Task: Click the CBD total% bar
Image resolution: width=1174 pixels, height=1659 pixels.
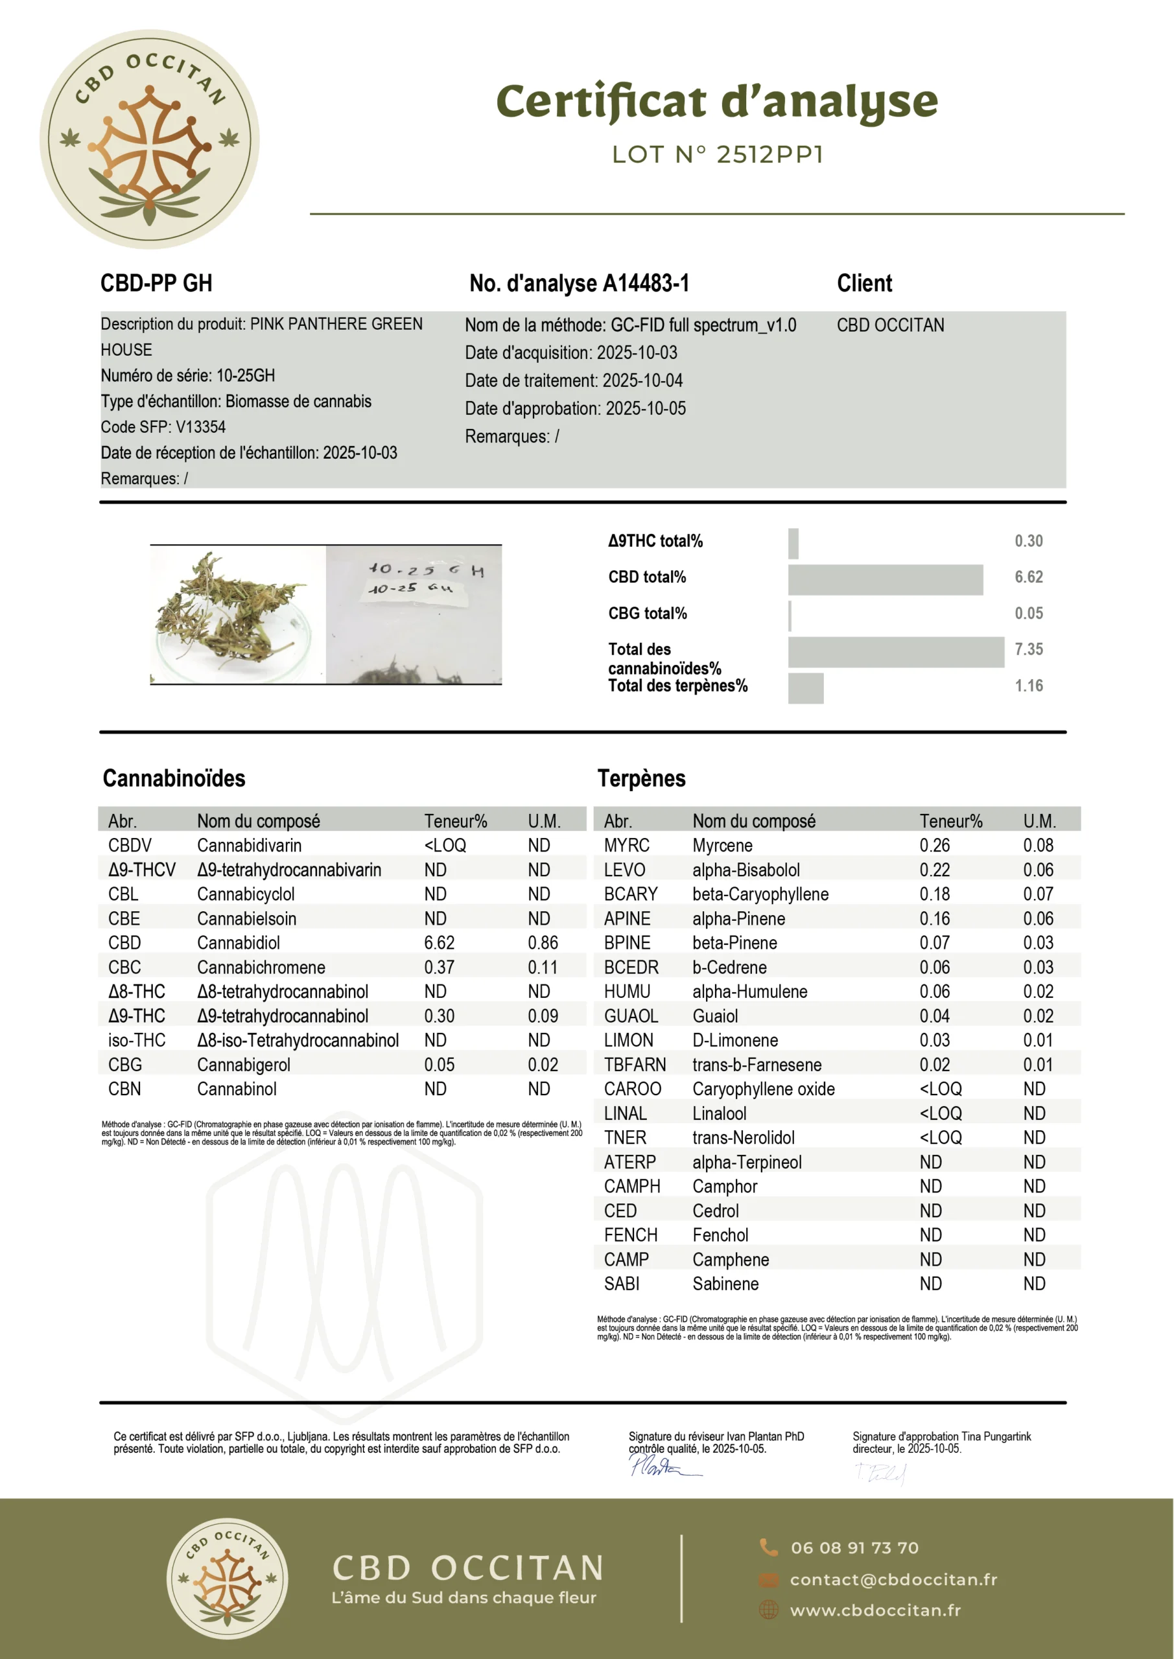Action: tap(885, 579)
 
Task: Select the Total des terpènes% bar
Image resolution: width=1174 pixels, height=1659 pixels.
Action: tap(805, 688)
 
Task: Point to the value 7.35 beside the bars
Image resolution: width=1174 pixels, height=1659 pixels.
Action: tap(1028, 649)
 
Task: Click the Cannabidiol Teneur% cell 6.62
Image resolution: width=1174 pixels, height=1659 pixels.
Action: tap(439, 943)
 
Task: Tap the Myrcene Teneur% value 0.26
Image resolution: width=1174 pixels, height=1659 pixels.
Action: tap(934, 846)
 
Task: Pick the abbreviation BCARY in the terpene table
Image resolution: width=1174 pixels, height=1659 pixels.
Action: tap(630, 894)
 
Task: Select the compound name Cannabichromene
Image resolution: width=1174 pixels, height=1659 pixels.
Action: tap(261, 967)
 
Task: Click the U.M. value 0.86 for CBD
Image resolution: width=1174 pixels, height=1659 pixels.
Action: tap(542, 943)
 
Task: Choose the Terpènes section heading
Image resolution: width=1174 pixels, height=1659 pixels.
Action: tap(641, 778)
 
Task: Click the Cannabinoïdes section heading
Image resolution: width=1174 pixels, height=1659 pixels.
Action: tap(174, 778)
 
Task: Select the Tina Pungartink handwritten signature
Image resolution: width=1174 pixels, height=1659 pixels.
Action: tap(880, 1472)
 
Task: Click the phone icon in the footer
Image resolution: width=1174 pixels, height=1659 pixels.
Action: tap(768, 1547)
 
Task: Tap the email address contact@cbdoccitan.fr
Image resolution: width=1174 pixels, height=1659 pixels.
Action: tap(893, 1579)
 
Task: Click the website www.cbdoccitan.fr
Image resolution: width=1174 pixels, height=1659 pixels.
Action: tap(875, 1610)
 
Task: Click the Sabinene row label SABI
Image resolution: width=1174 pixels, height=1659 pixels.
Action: tap(621, 1283)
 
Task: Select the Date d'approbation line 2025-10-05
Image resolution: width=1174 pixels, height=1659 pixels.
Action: tap(575, 408)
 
